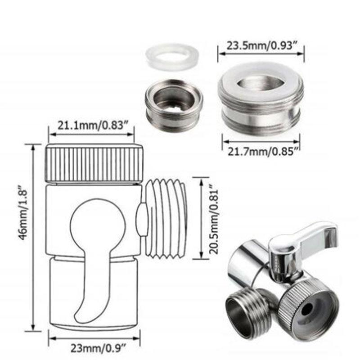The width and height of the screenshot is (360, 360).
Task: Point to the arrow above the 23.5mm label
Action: point(261,53)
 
